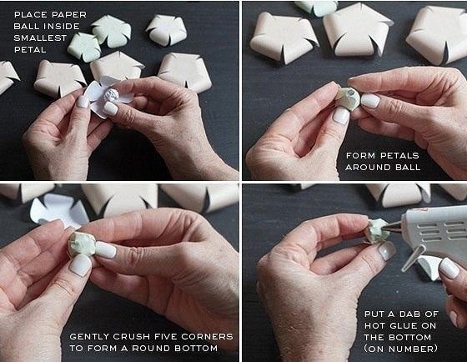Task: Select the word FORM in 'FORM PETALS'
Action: [x=359, y=154]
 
